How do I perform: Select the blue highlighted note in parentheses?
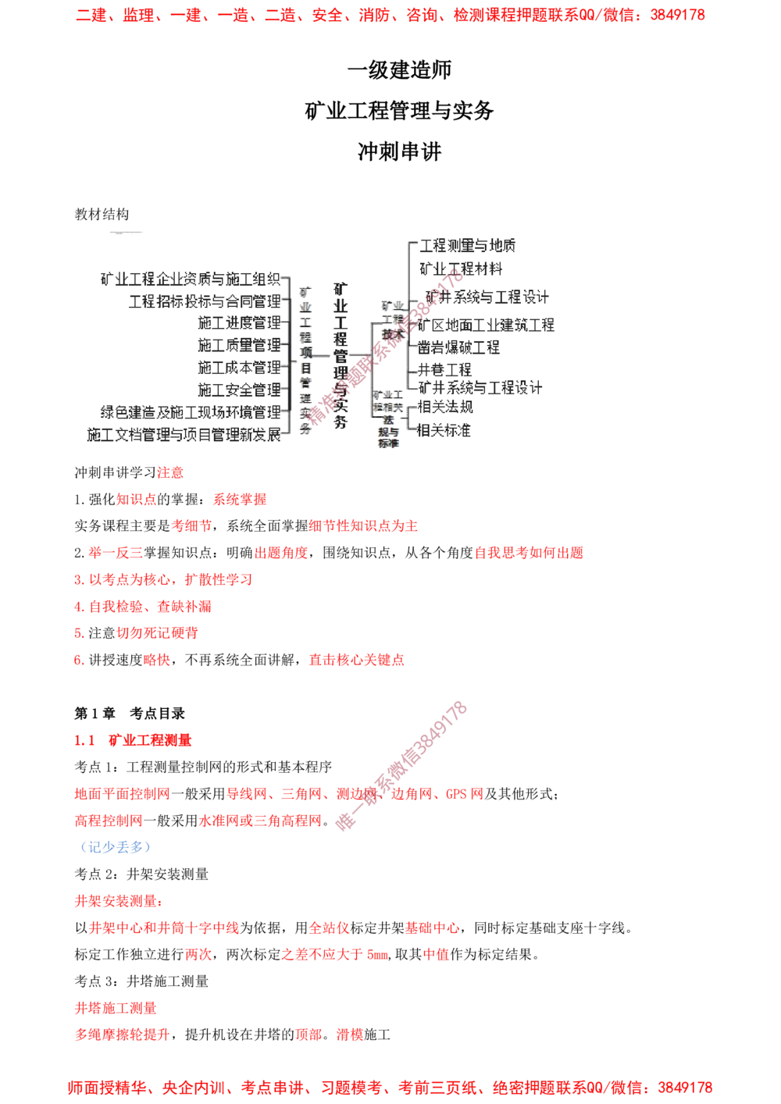(x=115, y=847)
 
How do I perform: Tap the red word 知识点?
(x=137, y=498)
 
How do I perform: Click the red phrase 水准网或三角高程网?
(x=261, y=821)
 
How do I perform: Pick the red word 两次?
(x=198, y=954)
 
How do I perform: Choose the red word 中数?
(x=436, y=954)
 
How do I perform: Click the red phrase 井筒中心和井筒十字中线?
(x=164, y=929)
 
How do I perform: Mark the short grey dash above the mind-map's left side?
(x=125, y=233)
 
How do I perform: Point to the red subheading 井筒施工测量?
(x=116, y=1009)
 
